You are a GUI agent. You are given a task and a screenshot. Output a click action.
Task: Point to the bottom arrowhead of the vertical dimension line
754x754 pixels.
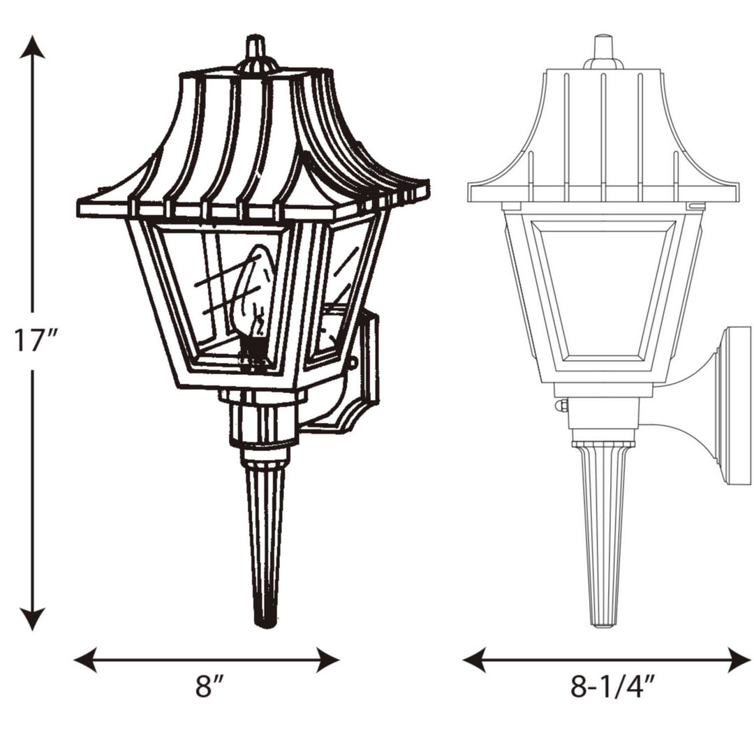pos(33,619)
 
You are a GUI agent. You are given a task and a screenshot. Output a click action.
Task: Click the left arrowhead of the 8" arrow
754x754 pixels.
pos(85,659)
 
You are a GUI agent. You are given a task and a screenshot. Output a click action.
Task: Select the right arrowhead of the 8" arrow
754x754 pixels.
pos(328,659)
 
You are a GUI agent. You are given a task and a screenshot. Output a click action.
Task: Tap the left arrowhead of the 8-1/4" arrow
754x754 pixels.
pos(474,659)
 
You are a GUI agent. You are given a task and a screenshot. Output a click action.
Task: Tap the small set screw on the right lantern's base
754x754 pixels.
pos(561,406)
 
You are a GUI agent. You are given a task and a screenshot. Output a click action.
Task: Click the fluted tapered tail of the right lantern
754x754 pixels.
pos(603,531)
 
